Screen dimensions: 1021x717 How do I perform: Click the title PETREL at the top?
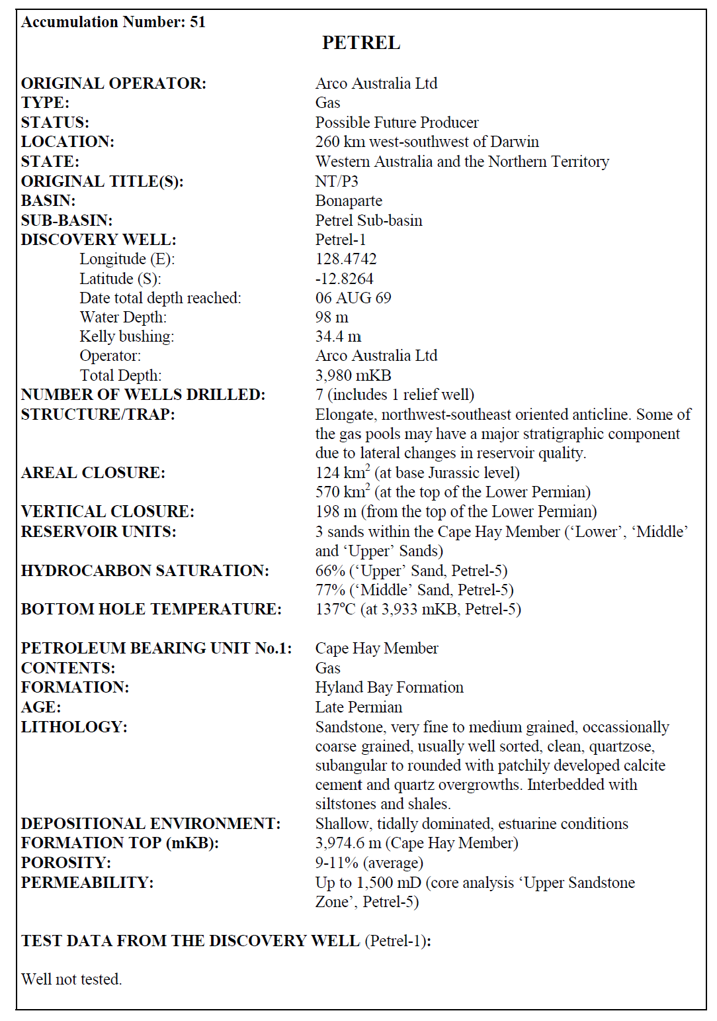(x=360, y=43)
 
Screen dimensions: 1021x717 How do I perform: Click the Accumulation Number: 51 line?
(x=113, y=22)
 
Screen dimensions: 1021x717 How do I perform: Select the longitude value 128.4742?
(x=346, y=259)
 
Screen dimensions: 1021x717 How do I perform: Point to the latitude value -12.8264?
(x=344, y=279)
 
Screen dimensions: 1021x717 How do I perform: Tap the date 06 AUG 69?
(x=353, y=298)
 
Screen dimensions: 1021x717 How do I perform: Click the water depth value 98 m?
(x=331, y=317)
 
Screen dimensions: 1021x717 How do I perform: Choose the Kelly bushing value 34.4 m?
(x=338, y=336)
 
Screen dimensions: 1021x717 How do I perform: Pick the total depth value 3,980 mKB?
(x=353, y=375)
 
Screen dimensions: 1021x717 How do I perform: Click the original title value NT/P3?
(x=337, y=181)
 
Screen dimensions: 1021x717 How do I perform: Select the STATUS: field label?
(x=55, y=122)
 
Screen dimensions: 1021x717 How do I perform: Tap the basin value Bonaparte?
(x=349, y=201)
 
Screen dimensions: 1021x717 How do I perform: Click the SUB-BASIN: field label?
(x=67, y=220)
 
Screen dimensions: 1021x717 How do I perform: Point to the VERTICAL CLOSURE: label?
(x=108, y=512)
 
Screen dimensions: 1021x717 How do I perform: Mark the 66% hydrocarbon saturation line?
(x=411, y=571)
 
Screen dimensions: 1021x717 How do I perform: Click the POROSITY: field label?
(x=66, y=863)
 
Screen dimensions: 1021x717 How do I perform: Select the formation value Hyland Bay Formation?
(x=389, y=687)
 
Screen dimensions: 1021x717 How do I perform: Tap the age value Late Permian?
(x=358, y=707)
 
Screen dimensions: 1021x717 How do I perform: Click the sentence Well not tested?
(x=71, y=979)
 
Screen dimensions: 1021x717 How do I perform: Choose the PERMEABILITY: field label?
(x=87, y=883)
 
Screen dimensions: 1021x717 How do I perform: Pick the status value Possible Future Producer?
(x=397, y=122)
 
